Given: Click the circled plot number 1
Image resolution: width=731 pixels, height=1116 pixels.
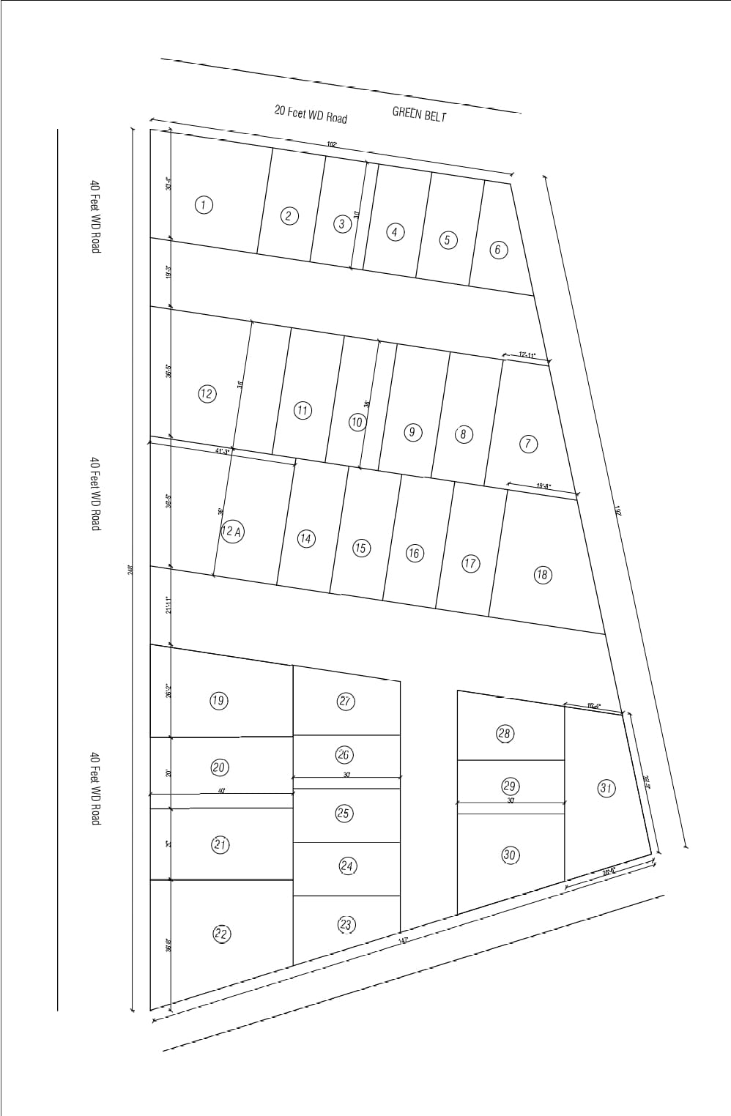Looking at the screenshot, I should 204,204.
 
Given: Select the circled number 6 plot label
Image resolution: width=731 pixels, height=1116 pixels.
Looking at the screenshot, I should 498,250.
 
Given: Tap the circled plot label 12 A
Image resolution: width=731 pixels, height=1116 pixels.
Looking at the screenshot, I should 232,531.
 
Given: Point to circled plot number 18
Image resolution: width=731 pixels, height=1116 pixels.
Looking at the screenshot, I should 542,574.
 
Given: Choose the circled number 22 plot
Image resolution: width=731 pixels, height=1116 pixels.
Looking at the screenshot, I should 221,934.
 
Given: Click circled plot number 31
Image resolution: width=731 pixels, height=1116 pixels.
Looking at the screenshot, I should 606,788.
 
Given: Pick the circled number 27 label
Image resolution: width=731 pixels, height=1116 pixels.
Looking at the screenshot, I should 346,701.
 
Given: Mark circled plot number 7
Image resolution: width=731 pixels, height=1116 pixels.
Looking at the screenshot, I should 528,444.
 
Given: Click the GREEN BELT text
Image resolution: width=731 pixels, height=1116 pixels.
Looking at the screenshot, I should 419,114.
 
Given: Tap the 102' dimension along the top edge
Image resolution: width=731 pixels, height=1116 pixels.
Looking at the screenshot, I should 332,144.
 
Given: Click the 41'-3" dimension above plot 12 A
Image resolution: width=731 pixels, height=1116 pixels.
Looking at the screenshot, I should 223,451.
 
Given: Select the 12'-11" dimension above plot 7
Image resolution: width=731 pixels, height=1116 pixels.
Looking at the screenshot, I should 527,354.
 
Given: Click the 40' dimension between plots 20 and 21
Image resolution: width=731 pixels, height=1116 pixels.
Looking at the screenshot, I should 221,791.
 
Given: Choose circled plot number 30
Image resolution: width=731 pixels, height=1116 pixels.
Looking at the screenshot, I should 510,855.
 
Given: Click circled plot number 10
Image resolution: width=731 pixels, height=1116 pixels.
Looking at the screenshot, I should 357,422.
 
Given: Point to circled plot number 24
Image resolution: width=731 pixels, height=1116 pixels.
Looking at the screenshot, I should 347,866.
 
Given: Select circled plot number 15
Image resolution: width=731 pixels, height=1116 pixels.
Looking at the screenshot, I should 361,548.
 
